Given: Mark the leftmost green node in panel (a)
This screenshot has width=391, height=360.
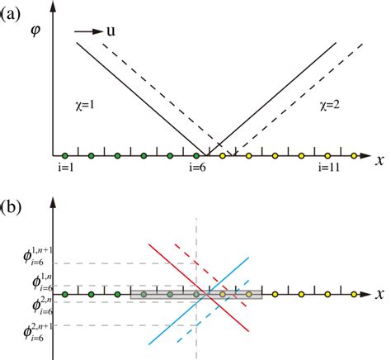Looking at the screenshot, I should pos(64,154).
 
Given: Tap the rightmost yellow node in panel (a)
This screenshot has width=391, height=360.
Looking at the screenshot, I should pos(354,154).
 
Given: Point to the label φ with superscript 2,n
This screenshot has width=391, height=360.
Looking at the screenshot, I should pos(30,306).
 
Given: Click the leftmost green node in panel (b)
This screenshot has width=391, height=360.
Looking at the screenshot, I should pos(64,293).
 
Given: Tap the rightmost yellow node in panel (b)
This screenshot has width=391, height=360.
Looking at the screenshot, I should pos(354,293).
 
